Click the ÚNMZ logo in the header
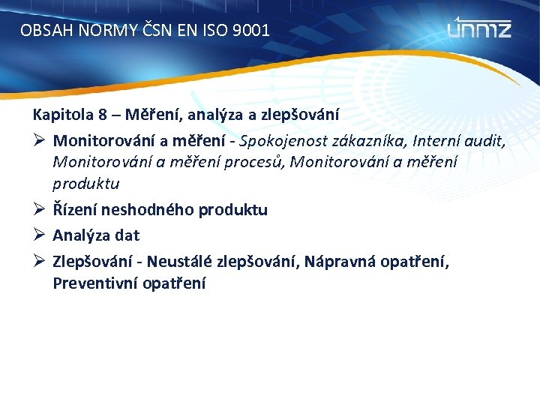pos(479,28)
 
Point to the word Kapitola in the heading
pos(58,115)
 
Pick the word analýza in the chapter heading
pos(209,115)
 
